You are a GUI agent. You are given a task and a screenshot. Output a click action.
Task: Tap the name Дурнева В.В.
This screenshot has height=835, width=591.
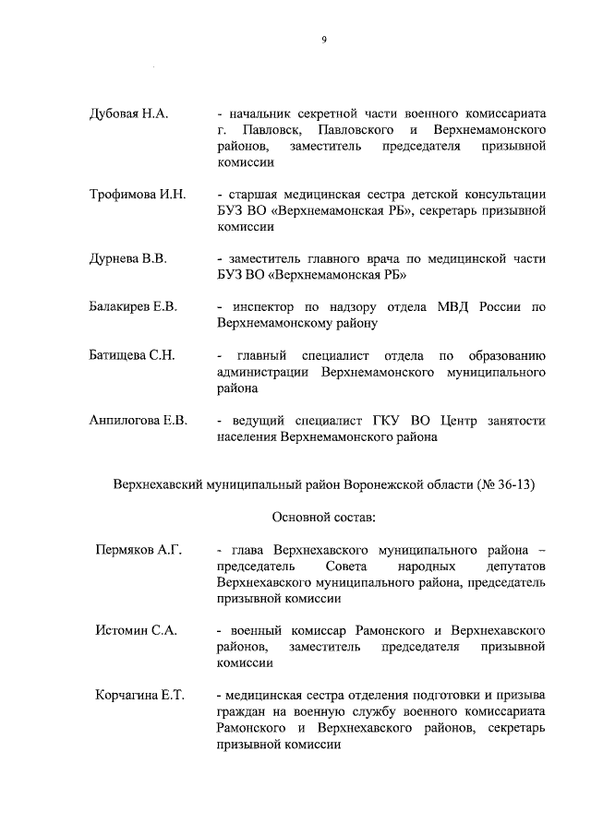click(x=127, y=258)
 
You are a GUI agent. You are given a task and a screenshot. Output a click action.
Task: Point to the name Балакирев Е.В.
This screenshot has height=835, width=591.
click(x=133, y=306)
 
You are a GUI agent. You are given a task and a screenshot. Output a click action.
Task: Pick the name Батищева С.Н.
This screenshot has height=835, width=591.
click(x=132, y=355)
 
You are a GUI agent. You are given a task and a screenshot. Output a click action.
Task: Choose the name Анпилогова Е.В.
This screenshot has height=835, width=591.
click(x=139, y=421)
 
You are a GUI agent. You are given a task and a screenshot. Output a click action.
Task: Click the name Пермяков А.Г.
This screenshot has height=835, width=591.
click(x=137, y=551)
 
